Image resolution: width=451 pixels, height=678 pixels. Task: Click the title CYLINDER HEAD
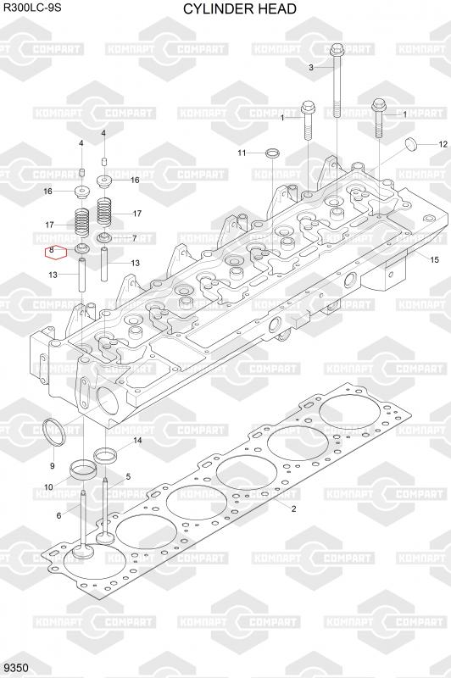point(240,8)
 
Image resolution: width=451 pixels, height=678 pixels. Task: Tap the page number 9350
point(16,668)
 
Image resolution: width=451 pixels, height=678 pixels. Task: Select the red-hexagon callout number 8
point(52,250)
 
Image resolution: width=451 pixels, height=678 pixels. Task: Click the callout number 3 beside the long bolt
point(311,68)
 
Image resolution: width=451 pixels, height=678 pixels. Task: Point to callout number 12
point(443,144)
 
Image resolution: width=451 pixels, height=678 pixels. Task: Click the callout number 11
point(242,153)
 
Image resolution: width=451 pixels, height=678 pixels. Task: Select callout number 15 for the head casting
point(434,259)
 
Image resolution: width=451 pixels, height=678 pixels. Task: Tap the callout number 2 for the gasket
point(293,509)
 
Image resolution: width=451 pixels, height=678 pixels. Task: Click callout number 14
point(137,441)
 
